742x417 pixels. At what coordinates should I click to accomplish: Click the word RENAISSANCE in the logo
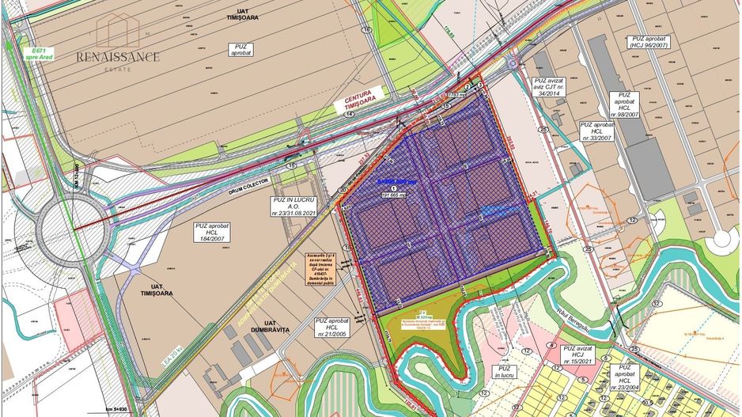pos(118,56)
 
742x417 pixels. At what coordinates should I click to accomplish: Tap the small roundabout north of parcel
pos(513,63)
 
